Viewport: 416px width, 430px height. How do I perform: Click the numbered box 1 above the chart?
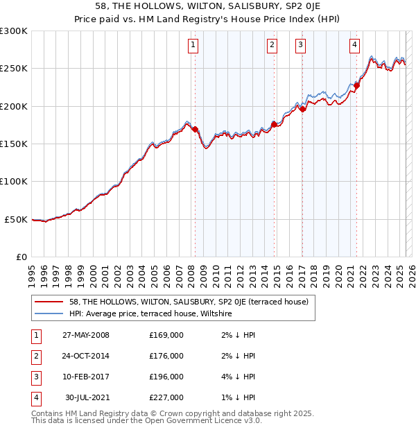coord(192,46)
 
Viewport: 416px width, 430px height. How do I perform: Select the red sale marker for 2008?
coord(195,129)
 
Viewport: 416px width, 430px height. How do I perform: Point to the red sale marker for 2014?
coord(274,124)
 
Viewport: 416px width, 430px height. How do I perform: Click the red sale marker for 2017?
coord(302,109)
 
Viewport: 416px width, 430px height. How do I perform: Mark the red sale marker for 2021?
coord(357,86)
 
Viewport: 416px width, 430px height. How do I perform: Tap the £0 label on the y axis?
coord(21,257)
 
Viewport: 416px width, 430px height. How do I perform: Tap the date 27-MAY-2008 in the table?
coord(86,335)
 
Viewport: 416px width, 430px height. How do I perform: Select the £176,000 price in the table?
coord(166,356)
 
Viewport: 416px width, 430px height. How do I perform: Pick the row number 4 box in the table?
coord(35,397)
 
